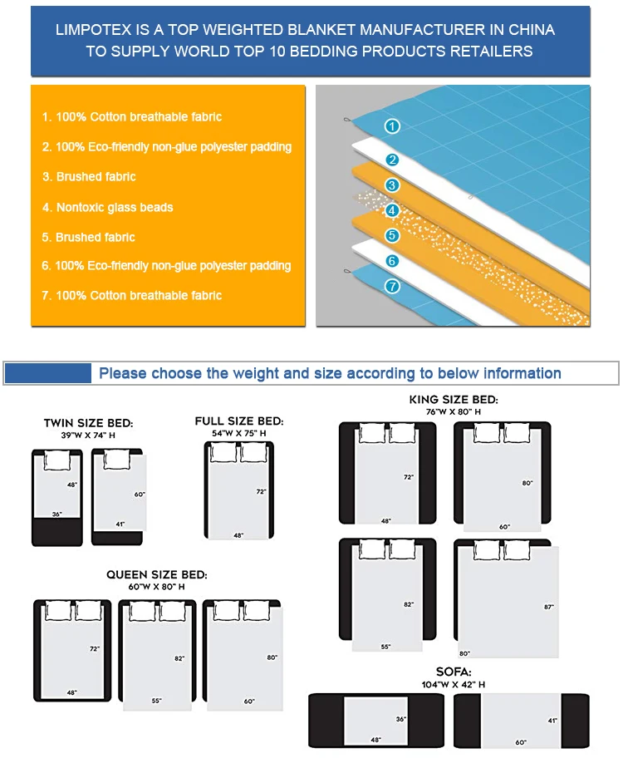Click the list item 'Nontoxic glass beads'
115,207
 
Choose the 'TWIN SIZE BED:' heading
88,424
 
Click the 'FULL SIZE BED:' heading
239,421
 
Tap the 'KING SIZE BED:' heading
454,400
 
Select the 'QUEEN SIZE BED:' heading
157,574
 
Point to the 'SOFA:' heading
454,671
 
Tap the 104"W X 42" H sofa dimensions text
454,684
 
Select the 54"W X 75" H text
239,433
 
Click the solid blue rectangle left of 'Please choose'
48,373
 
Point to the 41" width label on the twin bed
120,524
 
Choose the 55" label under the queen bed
157,701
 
